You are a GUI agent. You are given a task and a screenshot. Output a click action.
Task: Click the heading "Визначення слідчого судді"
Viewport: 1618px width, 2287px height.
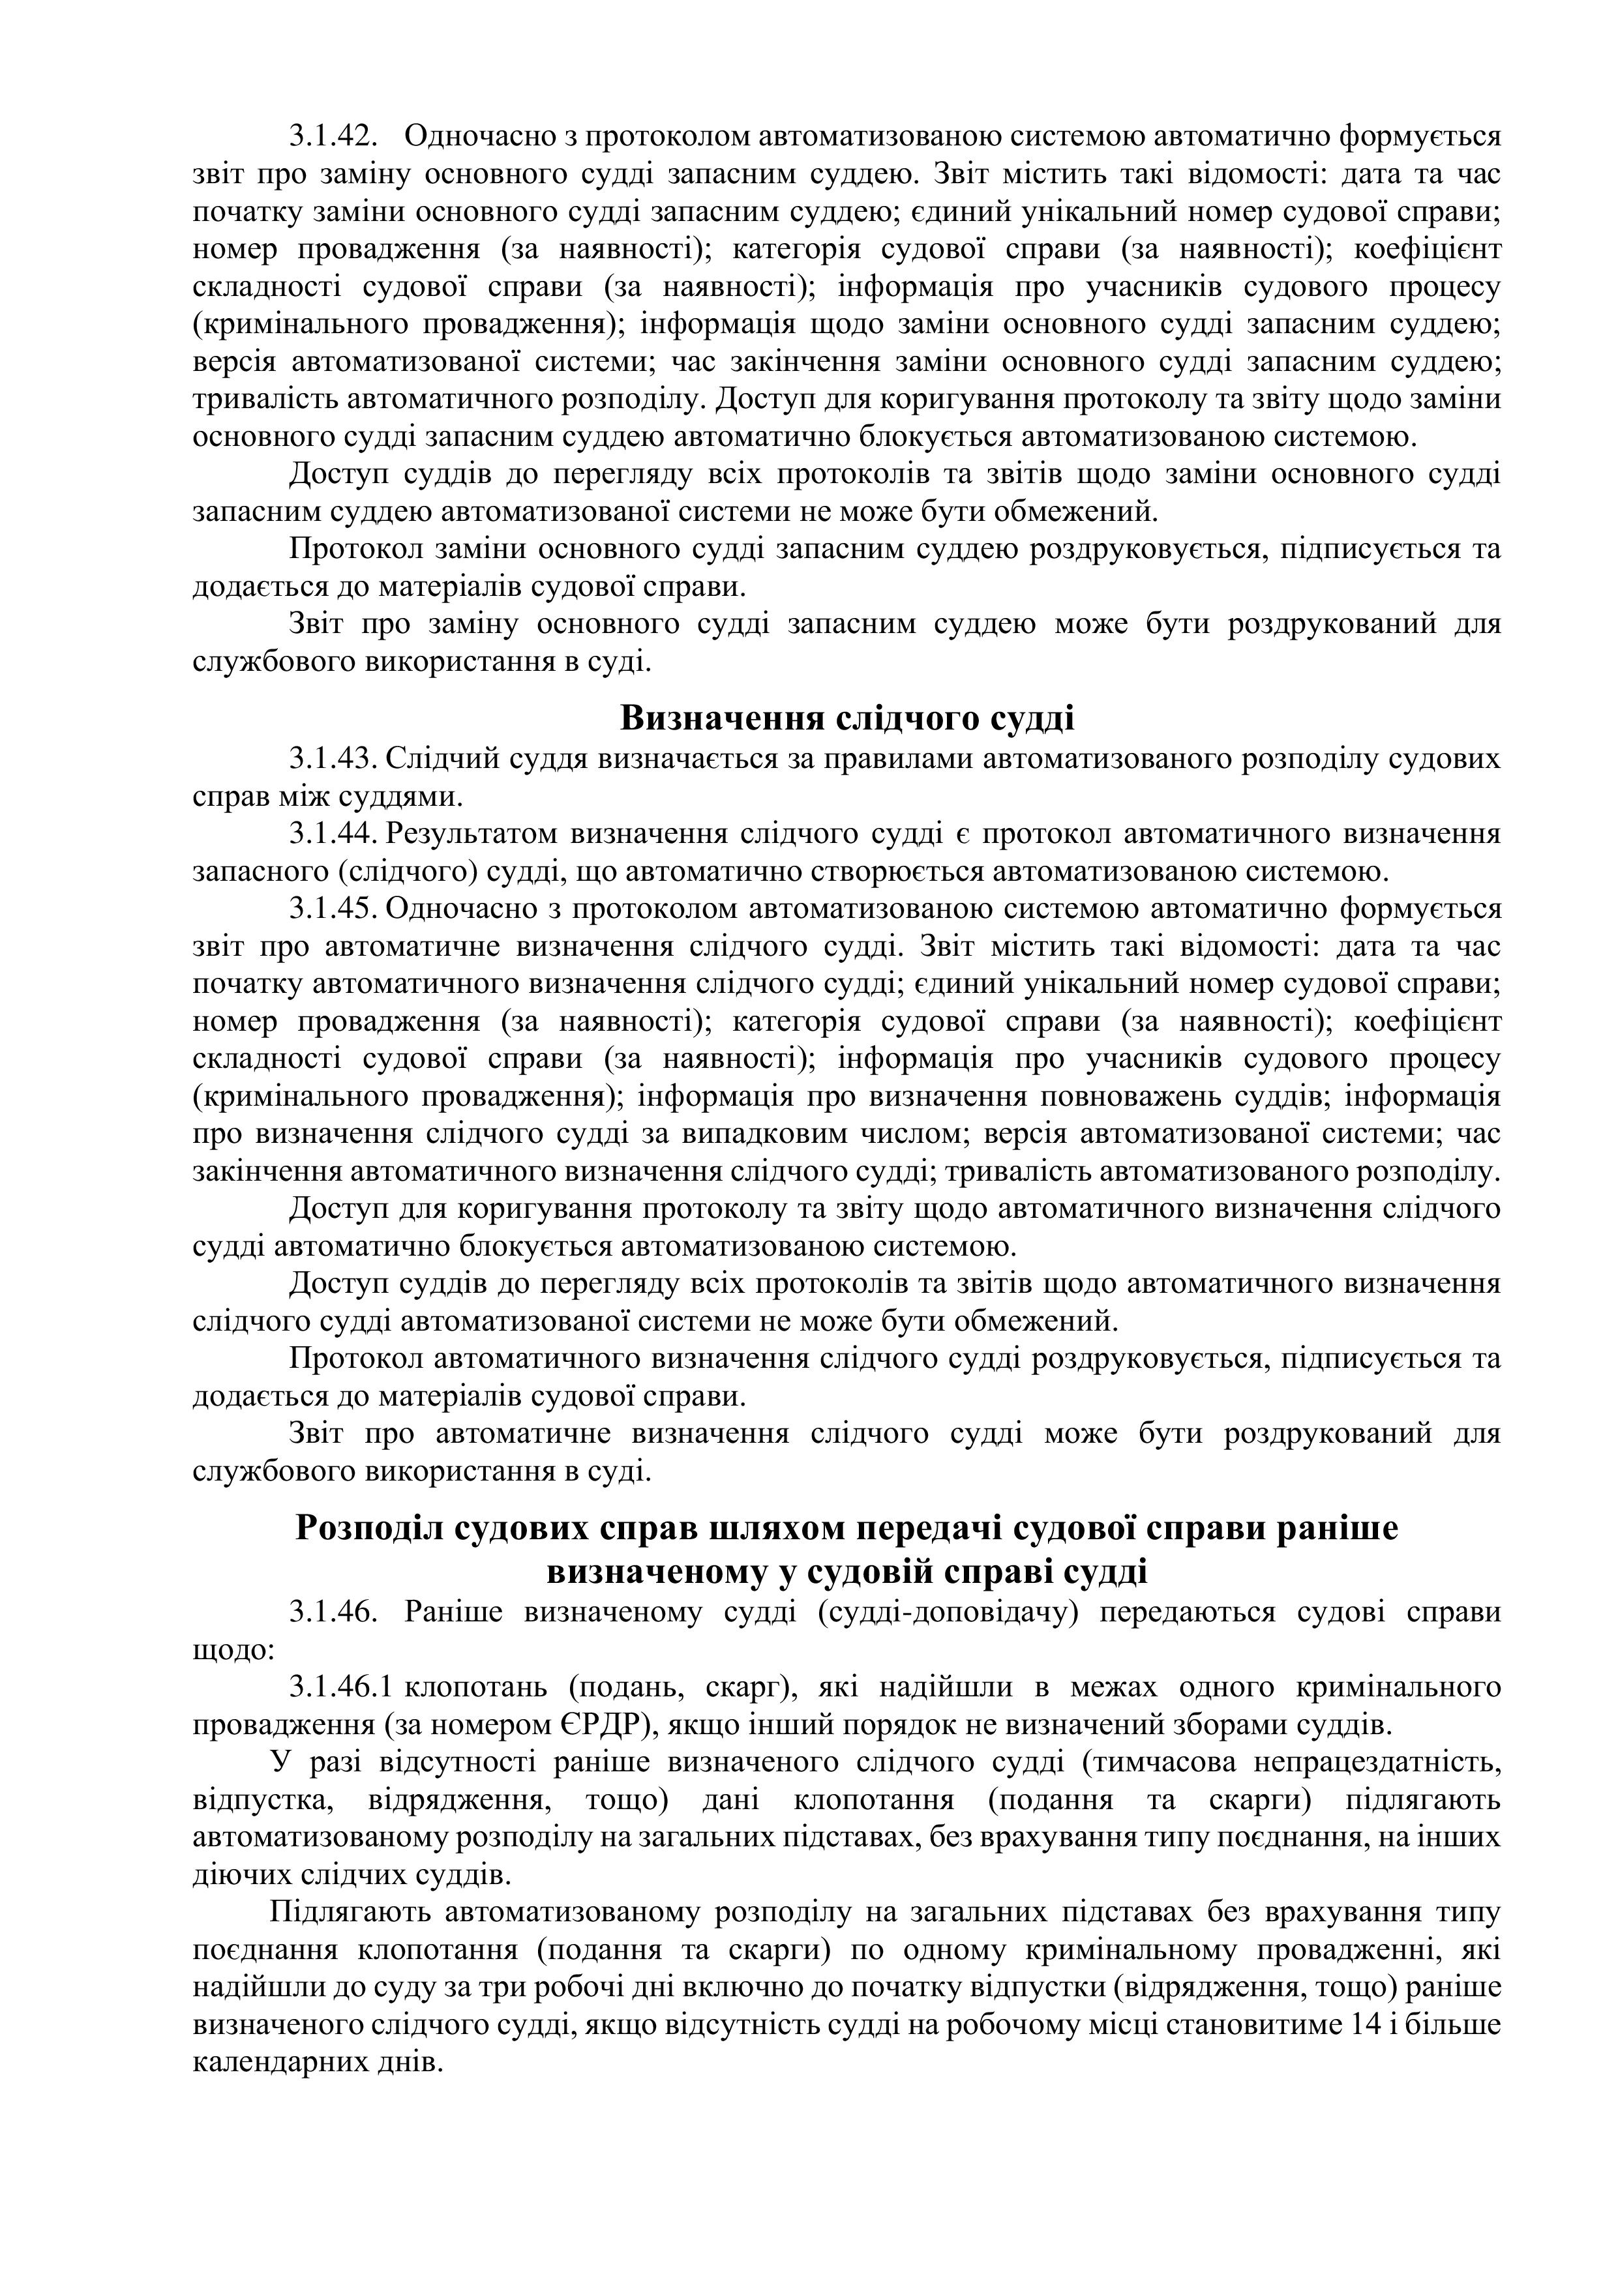click(x=847, y=718)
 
